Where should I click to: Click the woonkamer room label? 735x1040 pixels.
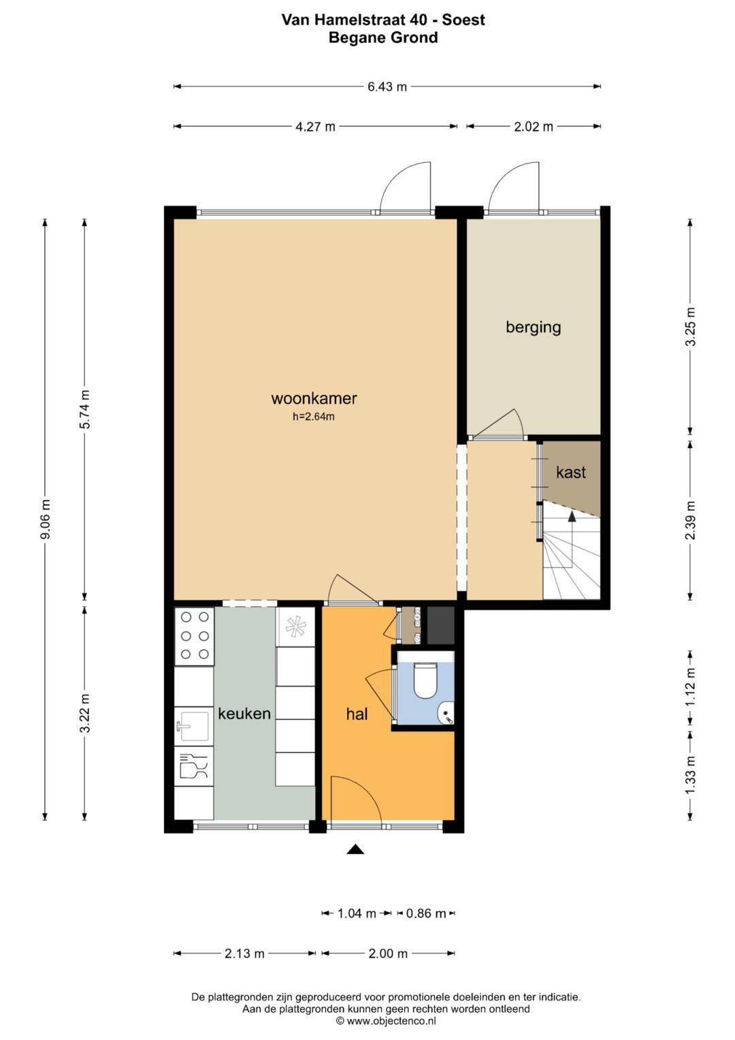(314, 398)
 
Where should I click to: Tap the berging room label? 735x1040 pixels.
(533, 327)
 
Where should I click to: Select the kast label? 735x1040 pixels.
(570, 472)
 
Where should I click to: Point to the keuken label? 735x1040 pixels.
(244, 713)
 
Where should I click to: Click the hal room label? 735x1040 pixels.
(357, 714)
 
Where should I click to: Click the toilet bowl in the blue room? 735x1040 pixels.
(425, 680)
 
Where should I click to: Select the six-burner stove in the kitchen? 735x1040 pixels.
(194, 635)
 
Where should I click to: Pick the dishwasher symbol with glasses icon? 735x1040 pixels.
(193, 766)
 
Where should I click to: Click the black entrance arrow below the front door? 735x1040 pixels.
(355, 849)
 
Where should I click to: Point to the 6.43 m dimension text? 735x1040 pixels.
(387, 86)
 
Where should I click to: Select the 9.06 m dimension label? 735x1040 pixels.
(46, 518)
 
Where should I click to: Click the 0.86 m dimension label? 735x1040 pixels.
(426, 913)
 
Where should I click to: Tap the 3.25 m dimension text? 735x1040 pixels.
(690, 326)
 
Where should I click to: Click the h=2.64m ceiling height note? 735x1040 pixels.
(314, 417)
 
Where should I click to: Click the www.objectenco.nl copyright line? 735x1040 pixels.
(386, 1021)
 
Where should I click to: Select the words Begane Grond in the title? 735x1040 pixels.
(383, 37)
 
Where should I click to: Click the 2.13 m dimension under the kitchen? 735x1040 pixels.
(244, 954)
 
